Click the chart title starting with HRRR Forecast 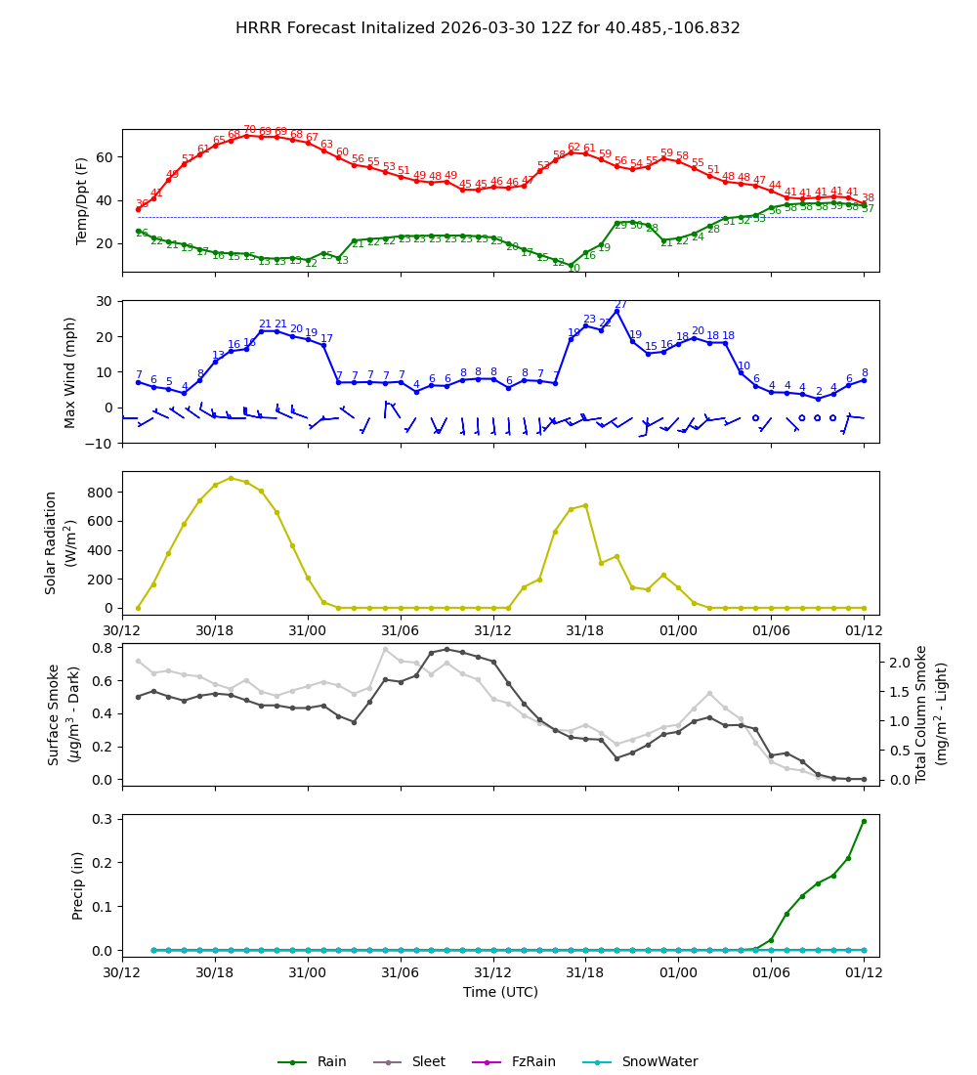coord(488,28)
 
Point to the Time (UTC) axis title coord(500,992)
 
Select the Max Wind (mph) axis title coord(70,371)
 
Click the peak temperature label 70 coord(249,130)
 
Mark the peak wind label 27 coord(620,305)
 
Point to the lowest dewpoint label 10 coord(573,269)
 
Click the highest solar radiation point coord(231,478)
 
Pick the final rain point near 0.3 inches coord(864,821)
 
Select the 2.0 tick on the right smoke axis coord(901,663)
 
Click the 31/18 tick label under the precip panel coord(585,973)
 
